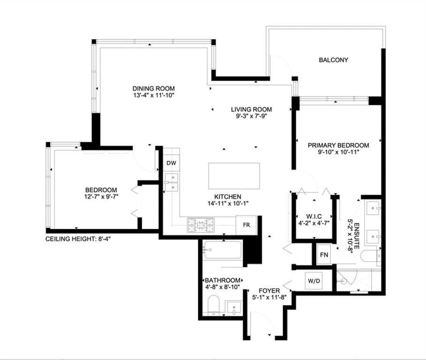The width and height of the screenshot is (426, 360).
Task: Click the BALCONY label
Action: pyautogui.click(x=333, y=60)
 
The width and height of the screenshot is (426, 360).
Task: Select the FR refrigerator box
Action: pyautogui.click(x=246, y=225)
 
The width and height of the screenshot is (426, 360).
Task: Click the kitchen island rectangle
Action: pyautogui.click(x=234, y=176)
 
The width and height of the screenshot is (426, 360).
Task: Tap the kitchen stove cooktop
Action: pyautogui.click(x=201, y=225)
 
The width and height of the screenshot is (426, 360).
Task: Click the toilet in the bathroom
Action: pyautogui.click(x=213, y=305)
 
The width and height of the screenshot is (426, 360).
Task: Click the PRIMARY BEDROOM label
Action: pyautogui.click(x=338, y=145)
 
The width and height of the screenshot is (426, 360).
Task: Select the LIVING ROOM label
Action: pyautogui.click(x=251, y=110)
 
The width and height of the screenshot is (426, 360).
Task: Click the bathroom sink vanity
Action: pyautogui.click(x=233, y=307)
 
